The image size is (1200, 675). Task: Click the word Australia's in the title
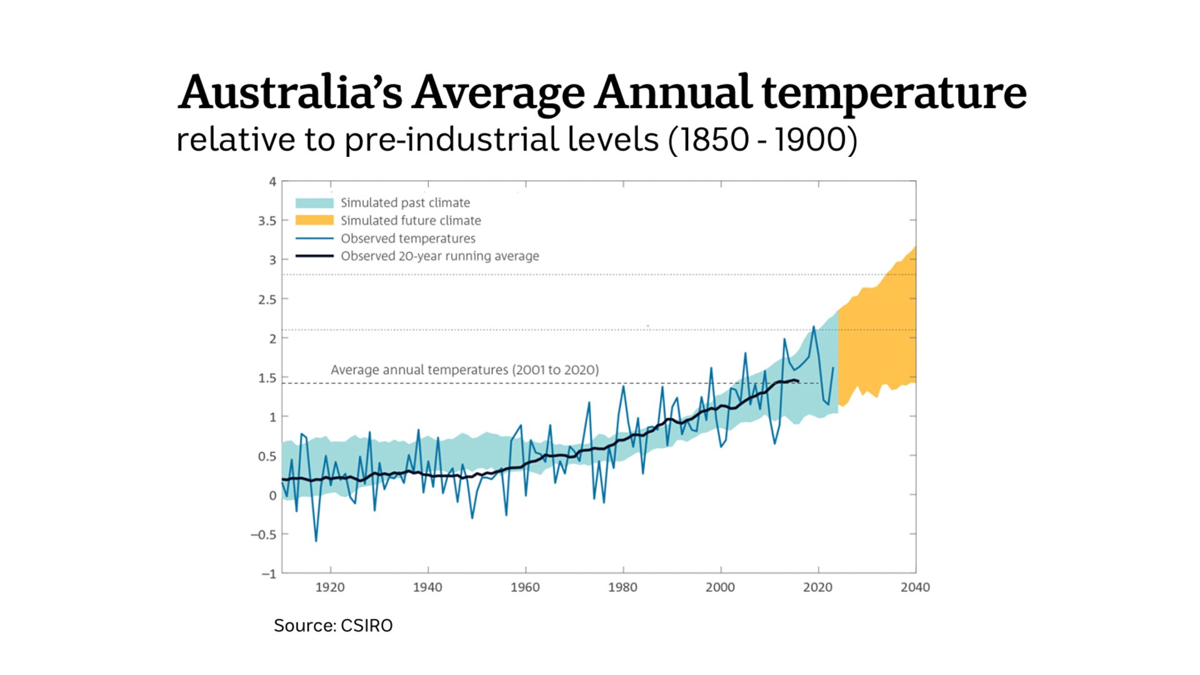(291, 92)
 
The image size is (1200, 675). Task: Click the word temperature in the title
(894, 92)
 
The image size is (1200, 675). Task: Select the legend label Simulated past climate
(405, 202)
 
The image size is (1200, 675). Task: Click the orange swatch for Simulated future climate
(314, 220)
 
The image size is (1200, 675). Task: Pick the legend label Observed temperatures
(407, 238)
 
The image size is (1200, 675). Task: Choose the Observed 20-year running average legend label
(439, 256)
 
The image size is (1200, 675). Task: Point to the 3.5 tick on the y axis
(267, 221)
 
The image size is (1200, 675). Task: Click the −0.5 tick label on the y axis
(263, 534)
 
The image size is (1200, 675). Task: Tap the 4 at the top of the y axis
(272, 182)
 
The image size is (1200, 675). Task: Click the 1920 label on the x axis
(329, 587)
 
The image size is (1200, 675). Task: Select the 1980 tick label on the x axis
(622, 587)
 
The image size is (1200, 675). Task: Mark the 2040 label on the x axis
(915, 587)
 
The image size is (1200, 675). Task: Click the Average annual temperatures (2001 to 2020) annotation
(464, 369)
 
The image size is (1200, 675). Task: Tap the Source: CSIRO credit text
(333, 626)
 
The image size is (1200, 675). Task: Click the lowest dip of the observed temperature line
(316, 541)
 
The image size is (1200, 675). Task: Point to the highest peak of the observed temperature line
(813, 327)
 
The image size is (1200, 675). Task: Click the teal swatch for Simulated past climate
(314, 202)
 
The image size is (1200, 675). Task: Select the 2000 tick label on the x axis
(720, 587)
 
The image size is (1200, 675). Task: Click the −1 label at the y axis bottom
(269, 573)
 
